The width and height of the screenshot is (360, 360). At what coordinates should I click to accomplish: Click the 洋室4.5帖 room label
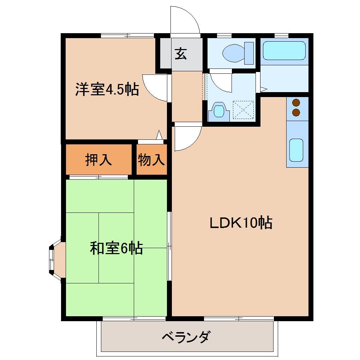[107, 90]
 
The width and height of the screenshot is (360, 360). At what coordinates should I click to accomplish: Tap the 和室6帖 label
[116, 248]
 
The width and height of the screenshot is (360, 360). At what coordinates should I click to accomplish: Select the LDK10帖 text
[241, 223]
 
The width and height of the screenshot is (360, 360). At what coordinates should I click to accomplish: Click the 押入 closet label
[99, 160]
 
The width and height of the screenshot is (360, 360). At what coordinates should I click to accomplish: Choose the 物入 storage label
[151, 160]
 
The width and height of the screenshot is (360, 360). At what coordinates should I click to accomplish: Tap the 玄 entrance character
[181, 54]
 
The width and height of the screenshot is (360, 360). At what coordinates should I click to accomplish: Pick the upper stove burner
[296, 103]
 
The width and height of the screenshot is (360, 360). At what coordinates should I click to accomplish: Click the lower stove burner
[296, 113]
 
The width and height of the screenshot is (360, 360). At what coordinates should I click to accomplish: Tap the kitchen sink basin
[296, 150]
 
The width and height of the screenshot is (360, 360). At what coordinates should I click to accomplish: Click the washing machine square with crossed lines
[244, 110]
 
